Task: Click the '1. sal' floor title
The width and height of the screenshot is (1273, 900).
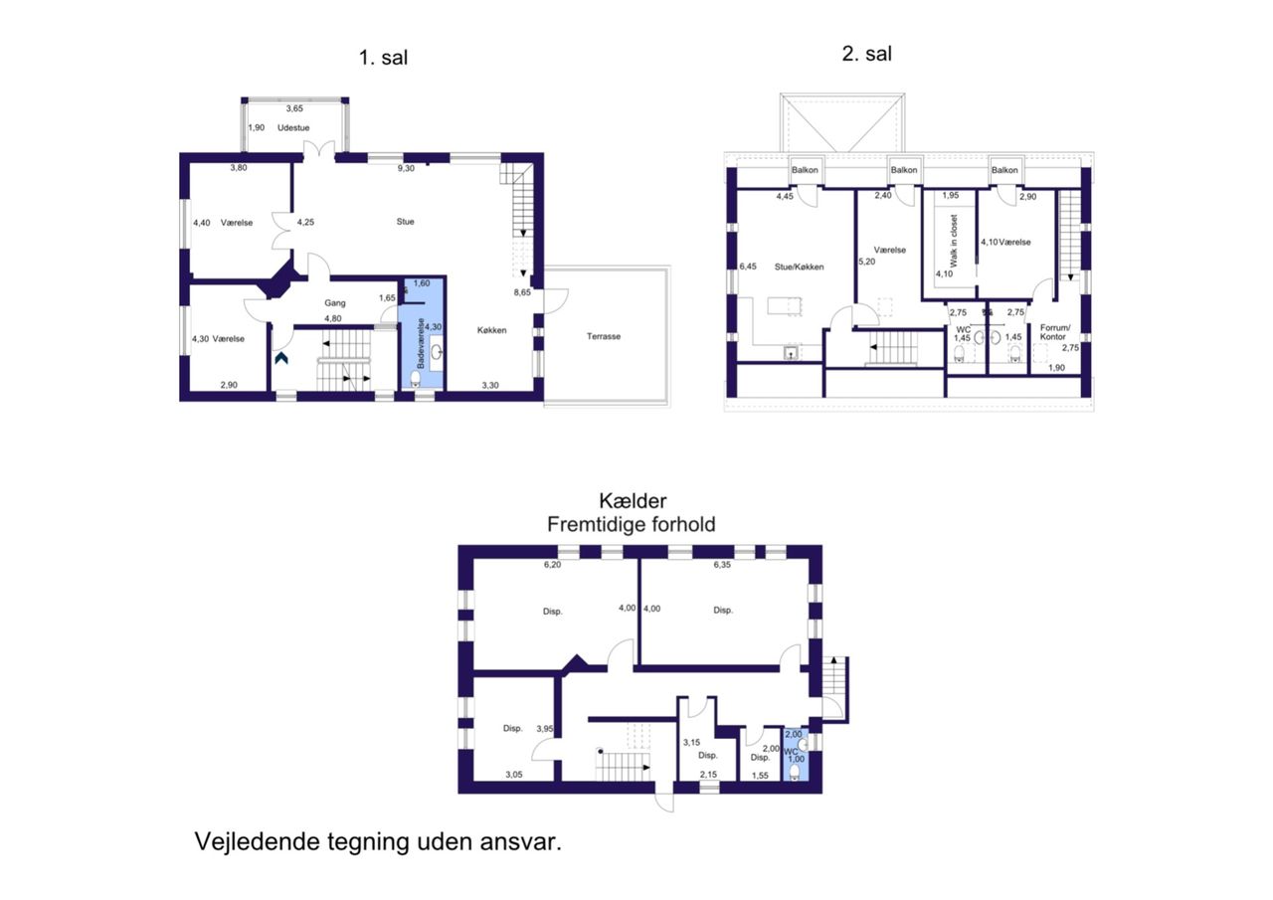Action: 383,58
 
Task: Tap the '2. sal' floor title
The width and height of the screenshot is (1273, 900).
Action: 866,54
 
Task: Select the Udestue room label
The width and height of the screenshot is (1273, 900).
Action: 293,128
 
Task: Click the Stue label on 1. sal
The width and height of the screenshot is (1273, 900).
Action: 405,222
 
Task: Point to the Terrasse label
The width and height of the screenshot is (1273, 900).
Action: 604,336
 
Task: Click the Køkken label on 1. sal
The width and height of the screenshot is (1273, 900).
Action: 491,330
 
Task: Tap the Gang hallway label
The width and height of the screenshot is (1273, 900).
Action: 335,303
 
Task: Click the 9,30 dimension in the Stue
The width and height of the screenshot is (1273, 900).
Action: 406,169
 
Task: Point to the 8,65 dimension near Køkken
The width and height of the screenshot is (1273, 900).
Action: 522,292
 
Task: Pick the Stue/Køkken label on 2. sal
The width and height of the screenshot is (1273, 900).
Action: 799,268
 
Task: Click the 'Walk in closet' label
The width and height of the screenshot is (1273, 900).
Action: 954,241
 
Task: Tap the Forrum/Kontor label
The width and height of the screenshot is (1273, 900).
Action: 1055,332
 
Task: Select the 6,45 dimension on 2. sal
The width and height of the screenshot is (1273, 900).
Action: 748,267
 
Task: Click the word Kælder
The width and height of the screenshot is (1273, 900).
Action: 633,501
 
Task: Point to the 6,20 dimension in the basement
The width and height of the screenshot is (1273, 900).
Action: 552,565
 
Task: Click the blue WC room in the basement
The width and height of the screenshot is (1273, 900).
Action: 796,754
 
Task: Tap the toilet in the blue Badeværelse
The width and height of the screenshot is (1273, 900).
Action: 416,379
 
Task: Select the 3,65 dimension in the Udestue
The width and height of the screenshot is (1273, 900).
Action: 294,108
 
